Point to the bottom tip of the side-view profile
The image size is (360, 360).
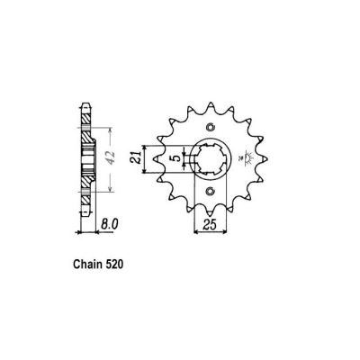(85, 217)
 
